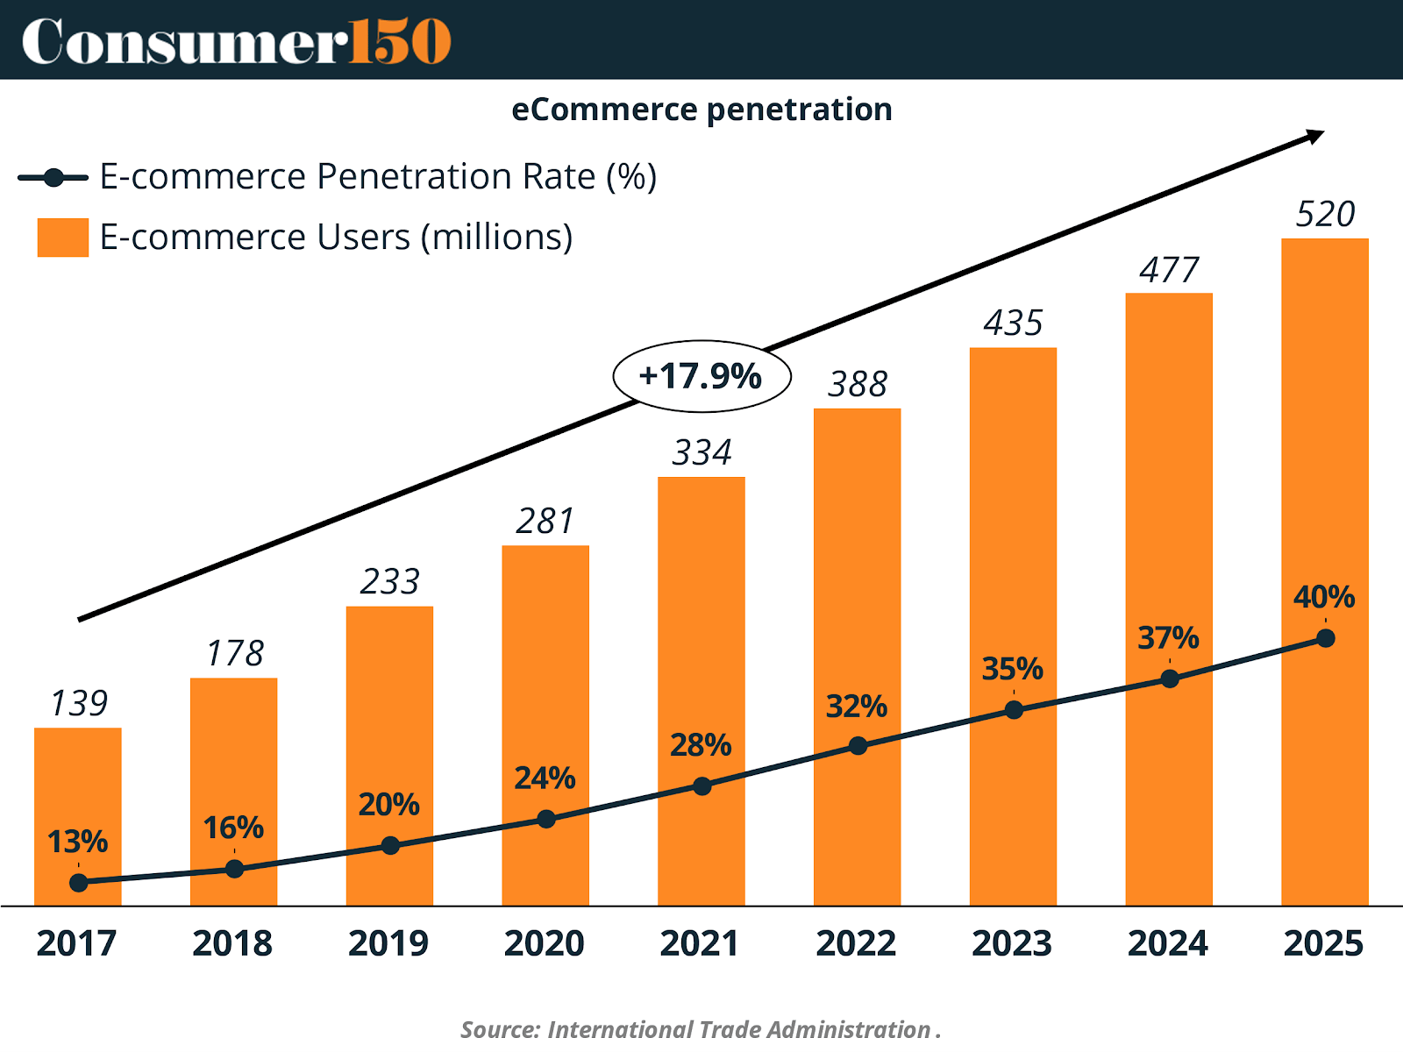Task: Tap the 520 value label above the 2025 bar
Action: (x=1325, y=215)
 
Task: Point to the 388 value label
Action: (x=858, y=384)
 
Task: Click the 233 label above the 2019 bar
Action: (x=390, y=581)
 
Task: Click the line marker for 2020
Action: (x=546, y=819)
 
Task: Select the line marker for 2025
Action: (x=1326, y=638)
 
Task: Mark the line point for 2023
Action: (x=1014, y=710)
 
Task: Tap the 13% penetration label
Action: (x=77, y=842)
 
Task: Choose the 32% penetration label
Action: (x=857, y=706)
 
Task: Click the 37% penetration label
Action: (x=1168, y=637)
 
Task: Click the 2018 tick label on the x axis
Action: (x=232, y=943)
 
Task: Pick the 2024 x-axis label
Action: (x=1168, y=943)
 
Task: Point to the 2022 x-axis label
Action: (x=857, y=943)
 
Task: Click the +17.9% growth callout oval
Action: (x=701, y=376)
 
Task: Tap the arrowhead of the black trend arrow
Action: (x=1315, y=136)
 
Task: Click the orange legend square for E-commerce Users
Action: (x=63, y=238)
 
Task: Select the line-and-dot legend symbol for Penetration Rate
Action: (x=53, y=178)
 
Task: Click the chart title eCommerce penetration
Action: (x=701, y=110)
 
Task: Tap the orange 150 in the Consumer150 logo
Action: (x=400, y=41)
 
